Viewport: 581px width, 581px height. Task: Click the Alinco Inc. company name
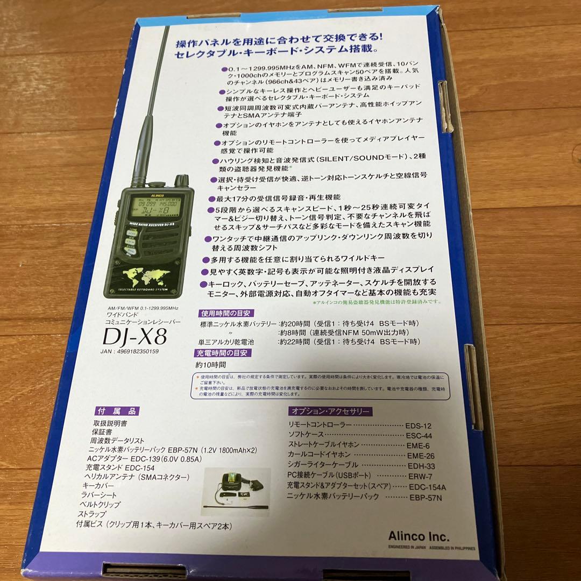(x=418, y=536)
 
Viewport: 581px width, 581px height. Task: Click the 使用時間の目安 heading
(x=224, y=313)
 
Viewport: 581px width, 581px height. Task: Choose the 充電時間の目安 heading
(x=222, y=353)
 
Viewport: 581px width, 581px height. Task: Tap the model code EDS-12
(x=420, y=425)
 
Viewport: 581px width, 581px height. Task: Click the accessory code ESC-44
(x=420, y=435)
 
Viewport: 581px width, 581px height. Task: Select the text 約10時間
(x=211, y=365)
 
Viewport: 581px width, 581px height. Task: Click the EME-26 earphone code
(x=421, y=456)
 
